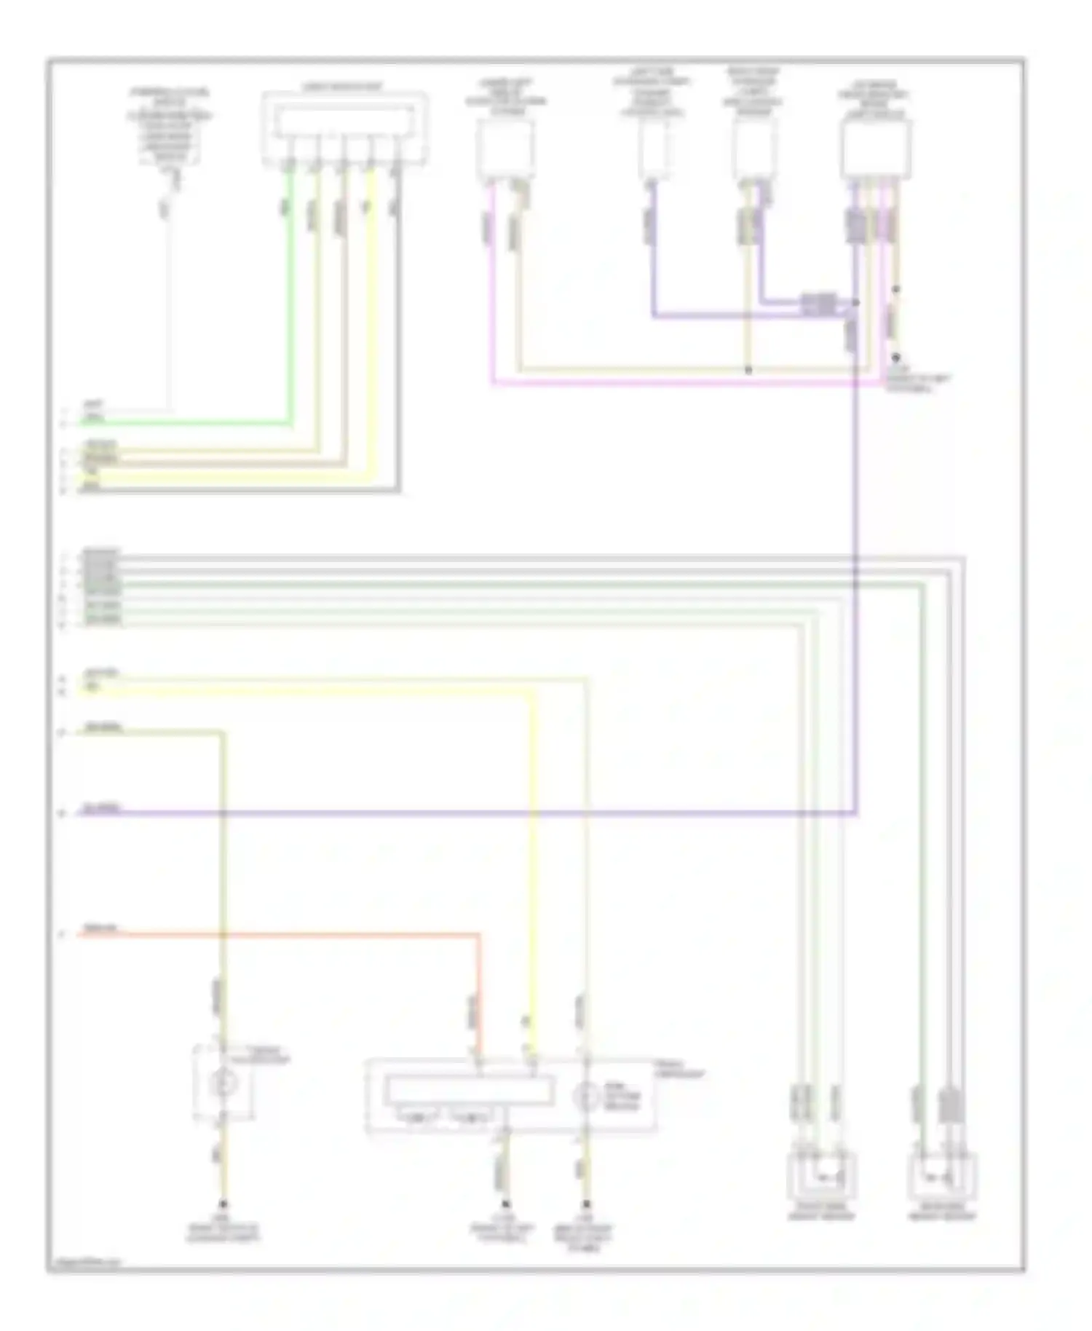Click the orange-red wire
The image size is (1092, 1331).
(x=291, y=933)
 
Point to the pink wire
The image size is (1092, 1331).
(x=655, y=382)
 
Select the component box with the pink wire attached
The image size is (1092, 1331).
(x=505, y=149)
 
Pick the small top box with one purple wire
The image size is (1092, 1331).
(x=654, y=149)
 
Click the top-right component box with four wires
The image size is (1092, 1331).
(x=875, y=149)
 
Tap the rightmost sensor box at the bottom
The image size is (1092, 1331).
(x=942, y=1174)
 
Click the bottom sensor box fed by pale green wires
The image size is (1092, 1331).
(x=821, y=1174)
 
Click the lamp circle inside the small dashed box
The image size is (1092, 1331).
(x=223, y=1083)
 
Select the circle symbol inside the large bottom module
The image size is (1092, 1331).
(x=586, y=1097)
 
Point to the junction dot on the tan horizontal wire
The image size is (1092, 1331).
(x=748, y=370)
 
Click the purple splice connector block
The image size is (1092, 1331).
(x=818, y=304)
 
